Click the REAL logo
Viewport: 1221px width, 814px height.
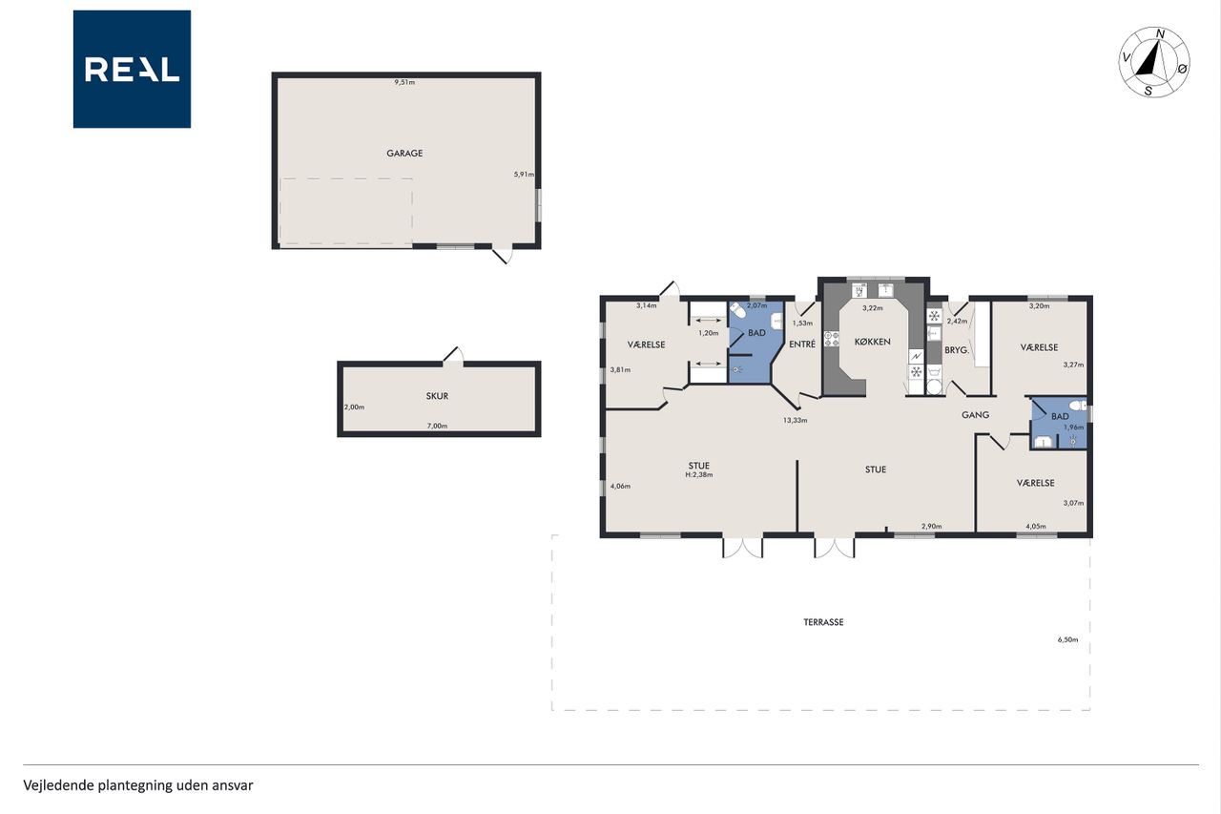click(x=132, y=70)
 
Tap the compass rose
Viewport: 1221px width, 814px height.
click(x=1154, y=62)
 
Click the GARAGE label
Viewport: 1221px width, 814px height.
click(x=404, y=154)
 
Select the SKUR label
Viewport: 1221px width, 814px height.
click(x=437, y=396)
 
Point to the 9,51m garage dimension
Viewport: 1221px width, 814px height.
click(x=404, y=82)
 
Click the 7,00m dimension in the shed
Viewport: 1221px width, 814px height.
click(x=437, y=426)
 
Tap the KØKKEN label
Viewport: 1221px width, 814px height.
click(x=872, y=342)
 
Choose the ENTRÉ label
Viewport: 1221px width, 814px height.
click(x=802, y=344)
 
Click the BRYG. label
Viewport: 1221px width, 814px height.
click(x=957, y=350)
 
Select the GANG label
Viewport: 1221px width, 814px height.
click(x=975, y=415)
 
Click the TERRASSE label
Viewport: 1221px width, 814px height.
click(x=823, y=622)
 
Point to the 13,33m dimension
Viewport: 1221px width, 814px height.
click(x=796, y=420)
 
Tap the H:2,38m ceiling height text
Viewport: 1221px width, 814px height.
click(x=699, y=475)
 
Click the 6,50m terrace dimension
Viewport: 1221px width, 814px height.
click(x=1067, y=640)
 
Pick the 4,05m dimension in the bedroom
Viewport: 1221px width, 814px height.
click(x=1036, y=527)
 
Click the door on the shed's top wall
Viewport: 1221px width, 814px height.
click(x=453, y=355)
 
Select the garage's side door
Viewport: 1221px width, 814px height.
click(x=503, y=255)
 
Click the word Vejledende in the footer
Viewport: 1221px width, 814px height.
click(x=58, y=785)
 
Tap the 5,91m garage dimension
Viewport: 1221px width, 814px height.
click(x=524, y=175)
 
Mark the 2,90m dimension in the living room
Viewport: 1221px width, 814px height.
click(x=932, y=526)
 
